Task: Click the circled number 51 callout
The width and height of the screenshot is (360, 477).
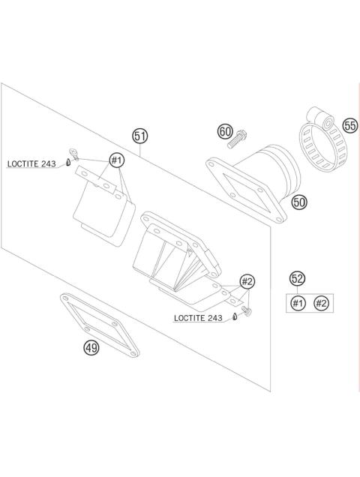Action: click(x=140, y=136)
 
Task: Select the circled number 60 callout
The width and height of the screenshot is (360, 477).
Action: click(x=225, y=132)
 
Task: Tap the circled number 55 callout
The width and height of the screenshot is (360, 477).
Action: click(x=350, y=125)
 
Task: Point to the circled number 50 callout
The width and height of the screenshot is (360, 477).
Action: click(x=299, y=202)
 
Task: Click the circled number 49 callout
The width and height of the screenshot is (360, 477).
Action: click(x=91, y=347)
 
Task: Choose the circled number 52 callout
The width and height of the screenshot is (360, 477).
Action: click(x=297, y=279)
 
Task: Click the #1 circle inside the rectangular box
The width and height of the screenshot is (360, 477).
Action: click(x=298, y=303)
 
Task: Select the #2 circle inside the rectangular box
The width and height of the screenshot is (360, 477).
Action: click(x=321, y=303)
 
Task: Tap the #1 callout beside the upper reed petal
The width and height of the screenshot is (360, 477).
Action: click(x=116, y=160)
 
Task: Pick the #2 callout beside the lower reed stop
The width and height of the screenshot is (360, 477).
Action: click(x=247, y=281)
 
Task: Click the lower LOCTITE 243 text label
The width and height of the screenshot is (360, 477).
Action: click(x=198, y=318)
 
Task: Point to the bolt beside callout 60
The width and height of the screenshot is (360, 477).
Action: click(x=240, y=137)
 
